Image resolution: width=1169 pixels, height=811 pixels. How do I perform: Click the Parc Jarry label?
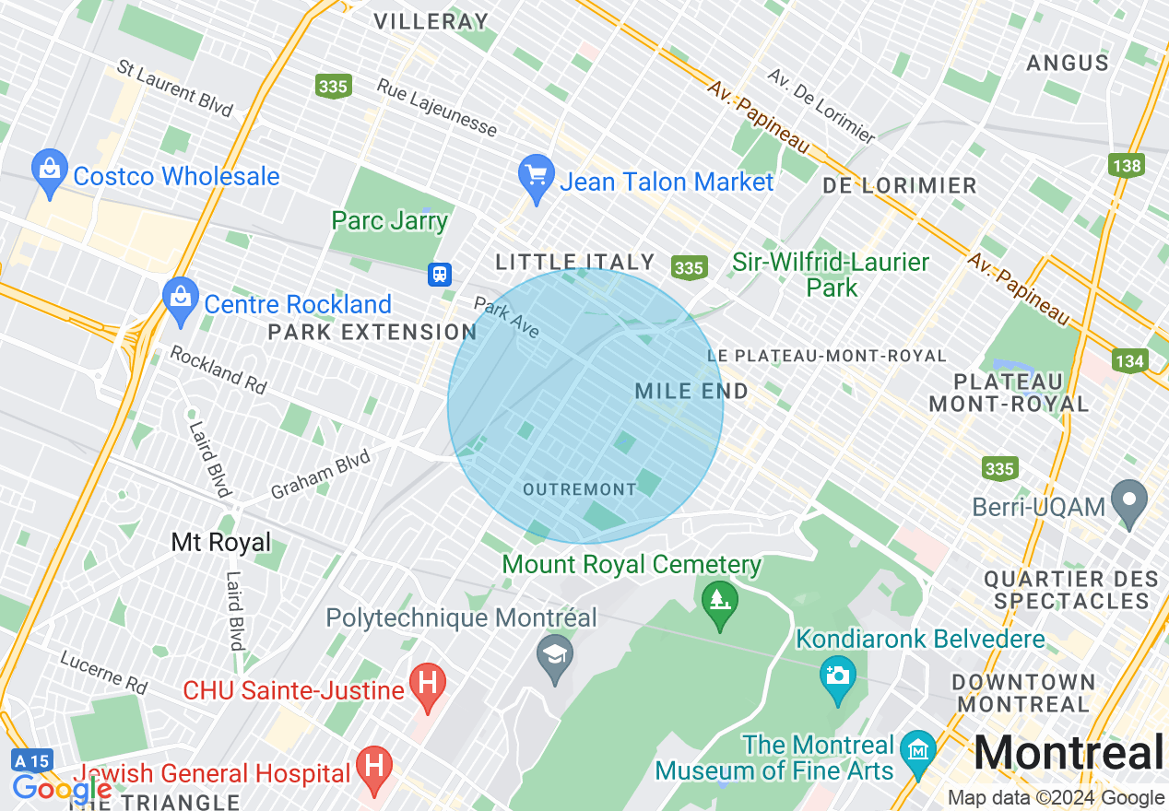coord(389,221)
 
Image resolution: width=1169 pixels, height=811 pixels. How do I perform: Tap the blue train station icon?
coord(440,274)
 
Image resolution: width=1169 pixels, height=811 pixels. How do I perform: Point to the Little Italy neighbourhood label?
coord(574,263)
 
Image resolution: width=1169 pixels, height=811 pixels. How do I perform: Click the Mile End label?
coord(691,391)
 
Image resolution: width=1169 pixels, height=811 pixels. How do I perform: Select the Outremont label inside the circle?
coord(579,489)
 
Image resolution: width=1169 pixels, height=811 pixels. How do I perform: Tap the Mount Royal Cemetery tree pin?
coord(719,604)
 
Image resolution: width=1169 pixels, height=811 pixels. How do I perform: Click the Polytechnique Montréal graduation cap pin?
coord(555,656)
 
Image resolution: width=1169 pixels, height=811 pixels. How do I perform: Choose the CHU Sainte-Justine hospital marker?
coord(428,686)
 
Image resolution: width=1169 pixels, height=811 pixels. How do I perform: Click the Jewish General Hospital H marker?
coord(374,768)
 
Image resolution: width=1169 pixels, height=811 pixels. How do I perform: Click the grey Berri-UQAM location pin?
coord(1129,501)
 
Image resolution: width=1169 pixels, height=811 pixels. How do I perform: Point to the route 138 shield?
coord(1127,166)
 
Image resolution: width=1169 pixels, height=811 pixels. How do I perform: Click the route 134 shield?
coord(1129,360)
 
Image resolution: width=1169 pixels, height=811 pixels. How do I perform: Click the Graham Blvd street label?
coord(320,474)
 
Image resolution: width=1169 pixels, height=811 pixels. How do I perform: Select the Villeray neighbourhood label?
coord(430,21)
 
